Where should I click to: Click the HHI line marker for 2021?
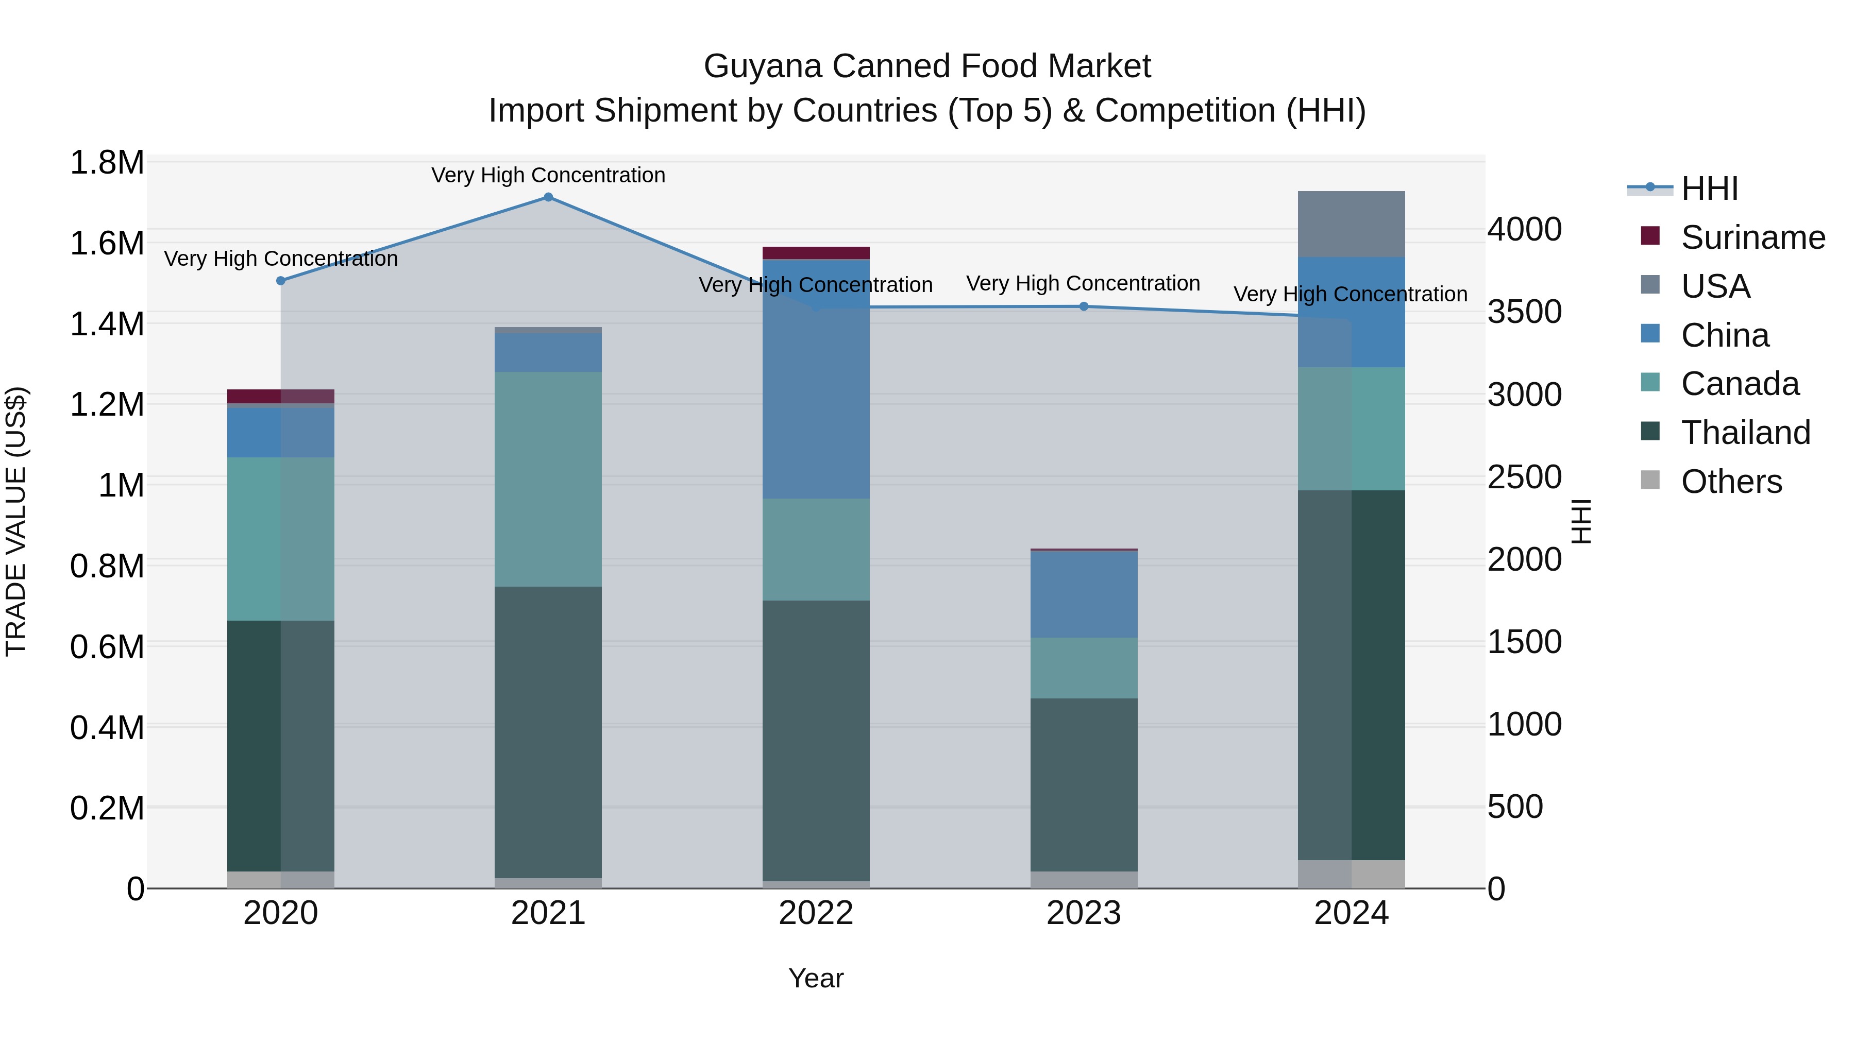(x=548, y=197)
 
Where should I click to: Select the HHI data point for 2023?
(x=1084, y=306)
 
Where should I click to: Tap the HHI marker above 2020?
(x=281, y=281)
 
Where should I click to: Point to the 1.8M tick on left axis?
(x=107, y=163)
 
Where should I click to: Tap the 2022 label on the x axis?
(x=816, y=913)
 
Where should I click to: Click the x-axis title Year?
(x=816, y=978)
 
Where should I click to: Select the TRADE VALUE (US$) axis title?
(x=16, y=521)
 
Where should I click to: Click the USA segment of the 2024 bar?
(x=1351, y=224)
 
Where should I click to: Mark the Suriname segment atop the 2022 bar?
(x=816, y=253)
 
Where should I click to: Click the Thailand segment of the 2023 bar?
(x=1084, y=784)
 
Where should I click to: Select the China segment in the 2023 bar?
(x=1084, y=594)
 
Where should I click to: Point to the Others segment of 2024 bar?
(x=1351, y=874)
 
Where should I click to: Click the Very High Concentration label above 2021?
(x=548, y=175)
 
